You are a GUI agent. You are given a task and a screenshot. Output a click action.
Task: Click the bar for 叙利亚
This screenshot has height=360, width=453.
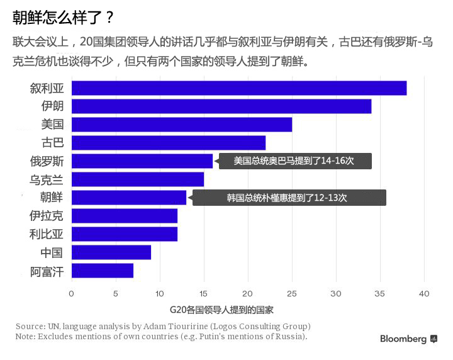[239, 88]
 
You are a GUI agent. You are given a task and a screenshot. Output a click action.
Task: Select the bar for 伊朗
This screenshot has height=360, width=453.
[221, 106]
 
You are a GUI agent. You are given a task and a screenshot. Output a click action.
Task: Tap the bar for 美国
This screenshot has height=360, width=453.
[182, 125]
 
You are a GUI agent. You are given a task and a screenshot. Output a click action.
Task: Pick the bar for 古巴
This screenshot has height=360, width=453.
[169, 143]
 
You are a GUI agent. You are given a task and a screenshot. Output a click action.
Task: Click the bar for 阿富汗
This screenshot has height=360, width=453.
[103, 271]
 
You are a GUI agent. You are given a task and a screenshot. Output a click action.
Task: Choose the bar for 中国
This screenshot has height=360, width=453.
[111, 253]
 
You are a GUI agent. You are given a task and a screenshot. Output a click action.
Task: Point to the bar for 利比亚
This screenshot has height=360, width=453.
[125, 235]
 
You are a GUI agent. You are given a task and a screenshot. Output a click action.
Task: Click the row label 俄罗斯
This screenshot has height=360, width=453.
[47, 161]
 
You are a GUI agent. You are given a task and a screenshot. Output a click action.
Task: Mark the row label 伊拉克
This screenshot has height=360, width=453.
[47, 217]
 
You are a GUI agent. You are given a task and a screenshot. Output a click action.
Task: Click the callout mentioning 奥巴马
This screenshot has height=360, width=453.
[294, 161]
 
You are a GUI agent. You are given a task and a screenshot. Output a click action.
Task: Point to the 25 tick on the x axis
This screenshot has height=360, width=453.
[292, 293]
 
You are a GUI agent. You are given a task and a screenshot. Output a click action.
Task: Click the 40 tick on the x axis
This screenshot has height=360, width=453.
[424, 293]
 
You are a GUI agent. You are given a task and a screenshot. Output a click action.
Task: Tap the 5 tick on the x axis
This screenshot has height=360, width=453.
[116, 293]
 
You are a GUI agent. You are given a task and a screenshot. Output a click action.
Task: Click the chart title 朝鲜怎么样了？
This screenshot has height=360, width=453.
[63, 17]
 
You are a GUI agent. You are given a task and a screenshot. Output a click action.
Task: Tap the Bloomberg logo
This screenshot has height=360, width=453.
[408, 339]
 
